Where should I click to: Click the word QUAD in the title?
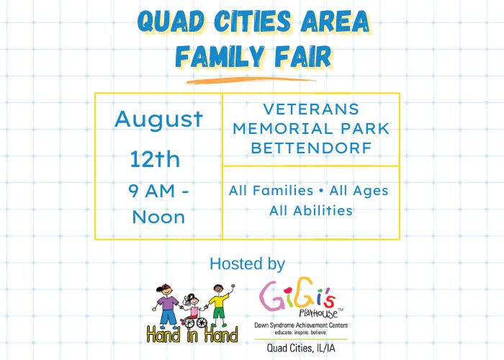point(171,22)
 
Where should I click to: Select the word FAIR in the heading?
point(303,57)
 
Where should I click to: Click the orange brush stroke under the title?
point(251,81)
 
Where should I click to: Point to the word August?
point(159,120)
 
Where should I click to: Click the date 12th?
point(155,159)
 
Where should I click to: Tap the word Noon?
point(159,217)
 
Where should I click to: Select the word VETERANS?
point(311,109)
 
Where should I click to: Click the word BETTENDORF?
point(311,148)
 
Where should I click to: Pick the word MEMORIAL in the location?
point(283,129)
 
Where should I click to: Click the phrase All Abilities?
point(311,210)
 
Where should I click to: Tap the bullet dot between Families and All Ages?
point(321,191)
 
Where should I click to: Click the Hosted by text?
point(247,264)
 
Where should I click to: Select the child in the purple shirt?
point(167,305)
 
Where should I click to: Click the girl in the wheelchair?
point(194,310)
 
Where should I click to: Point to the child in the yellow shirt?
point(220,305)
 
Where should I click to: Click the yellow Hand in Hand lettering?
point(192,335)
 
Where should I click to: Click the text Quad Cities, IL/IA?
point(301,348)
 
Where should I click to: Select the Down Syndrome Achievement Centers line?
point(301,325)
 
